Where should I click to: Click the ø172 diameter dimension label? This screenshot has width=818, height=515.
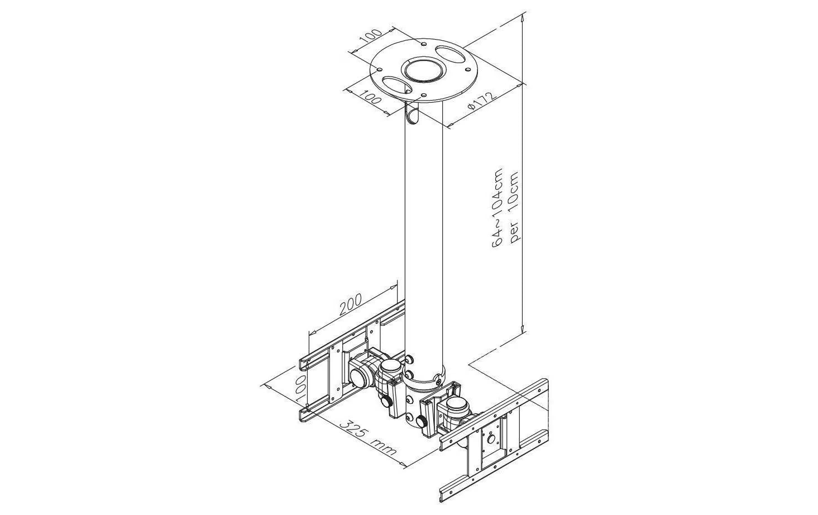point(482,101)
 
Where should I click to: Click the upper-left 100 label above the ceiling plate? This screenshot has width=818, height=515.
point(370,37)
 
